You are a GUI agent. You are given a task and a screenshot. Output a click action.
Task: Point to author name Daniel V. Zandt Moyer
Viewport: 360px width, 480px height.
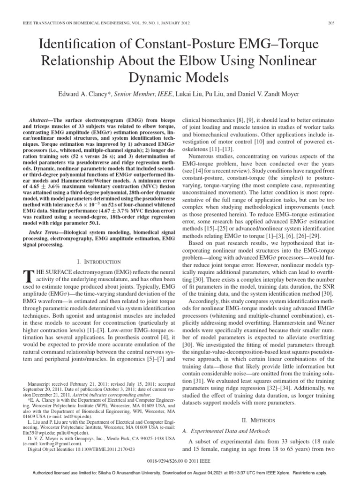(266, 94)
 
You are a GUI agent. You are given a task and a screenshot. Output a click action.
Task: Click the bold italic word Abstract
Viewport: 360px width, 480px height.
(41, 120)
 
